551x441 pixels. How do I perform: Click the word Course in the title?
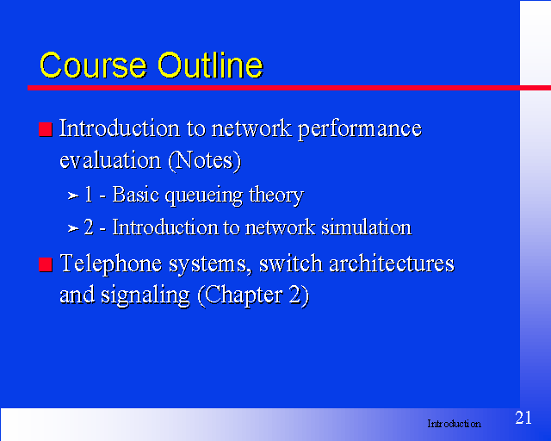tap(93, 65)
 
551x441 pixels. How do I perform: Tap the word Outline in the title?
tap(210, 65)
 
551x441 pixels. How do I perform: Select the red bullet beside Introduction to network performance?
tap(46, 129)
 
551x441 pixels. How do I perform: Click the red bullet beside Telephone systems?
tap(46, 264)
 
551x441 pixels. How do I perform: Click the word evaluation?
tap(110, 160)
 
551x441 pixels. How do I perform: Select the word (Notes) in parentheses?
tap(205, 161)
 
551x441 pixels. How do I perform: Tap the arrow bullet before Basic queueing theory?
tap(72, 196)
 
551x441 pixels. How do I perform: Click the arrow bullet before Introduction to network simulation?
tap(72, 228)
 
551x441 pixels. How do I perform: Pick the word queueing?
tap(203, 196)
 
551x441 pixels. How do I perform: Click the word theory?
tap(276, 196)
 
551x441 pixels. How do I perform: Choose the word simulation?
tap(367, 227)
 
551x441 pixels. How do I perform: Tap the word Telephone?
tap(111, 264)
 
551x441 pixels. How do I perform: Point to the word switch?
tap(291, 264)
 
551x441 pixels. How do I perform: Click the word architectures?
tap(392, 264)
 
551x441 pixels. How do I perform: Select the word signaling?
tap(145, 295)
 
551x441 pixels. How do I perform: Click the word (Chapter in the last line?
tap(240, 295)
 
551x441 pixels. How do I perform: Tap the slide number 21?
tap(523, 418)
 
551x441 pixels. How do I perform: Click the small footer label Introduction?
tap(454, 424)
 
